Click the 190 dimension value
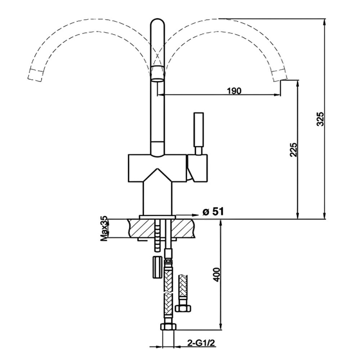pos(234,91)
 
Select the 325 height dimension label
pos(320,119)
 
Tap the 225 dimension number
pos(293,150)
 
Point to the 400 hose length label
pos(216,274)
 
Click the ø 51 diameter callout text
pos(213,212)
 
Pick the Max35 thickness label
pos(104,229)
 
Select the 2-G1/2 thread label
pos(201,343)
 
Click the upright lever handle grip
pos(198,130)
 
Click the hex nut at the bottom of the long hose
pos(168,327)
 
